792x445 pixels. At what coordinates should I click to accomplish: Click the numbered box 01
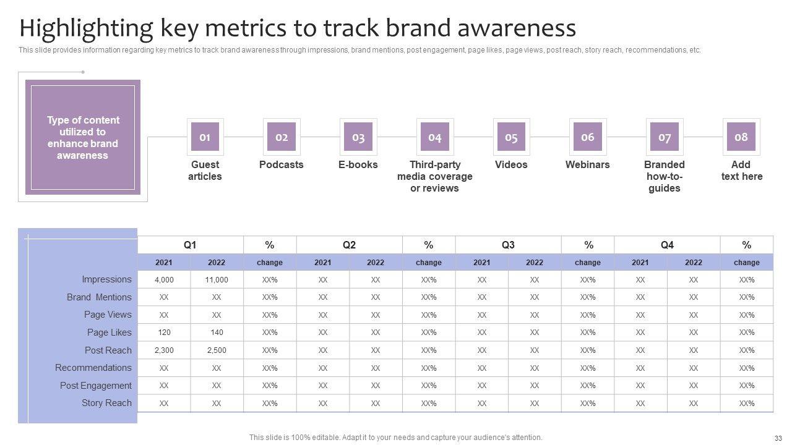205,137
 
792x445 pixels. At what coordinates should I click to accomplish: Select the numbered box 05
511,137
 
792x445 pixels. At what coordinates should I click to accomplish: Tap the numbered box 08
741,137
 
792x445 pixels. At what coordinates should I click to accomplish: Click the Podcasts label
282,164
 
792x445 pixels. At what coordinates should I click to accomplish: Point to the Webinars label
587,164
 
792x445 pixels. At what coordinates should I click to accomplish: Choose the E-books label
358,164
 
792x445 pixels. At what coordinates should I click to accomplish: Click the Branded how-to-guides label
664,176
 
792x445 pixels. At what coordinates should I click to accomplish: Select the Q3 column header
508,245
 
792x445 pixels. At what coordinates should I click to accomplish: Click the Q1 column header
190,245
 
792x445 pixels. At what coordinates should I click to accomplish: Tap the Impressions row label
106,279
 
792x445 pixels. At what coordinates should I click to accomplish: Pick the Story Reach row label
106,403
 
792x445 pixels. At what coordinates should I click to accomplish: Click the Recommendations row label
93,368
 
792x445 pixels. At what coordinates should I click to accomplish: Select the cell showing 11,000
217,280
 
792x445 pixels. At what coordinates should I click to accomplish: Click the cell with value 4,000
164,280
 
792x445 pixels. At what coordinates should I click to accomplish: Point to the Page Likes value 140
217,333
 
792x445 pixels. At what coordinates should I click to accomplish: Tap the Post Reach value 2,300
164,350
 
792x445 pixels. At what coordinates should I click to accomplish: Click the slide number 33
778,438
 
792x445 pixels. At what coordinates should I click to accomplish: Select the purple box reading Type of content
83,137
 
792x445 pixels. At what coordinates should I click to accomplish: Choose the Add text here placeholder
741,171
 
